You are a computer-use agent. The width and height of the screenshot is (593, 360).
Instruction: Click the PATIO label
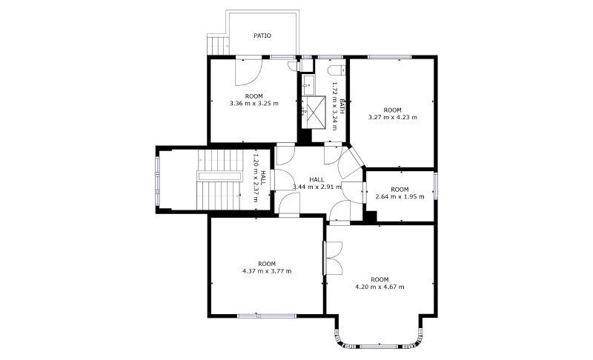point(262,36)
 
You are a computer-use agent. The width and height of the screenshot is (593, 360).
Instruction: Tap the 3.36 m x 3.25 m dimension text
point(254,103)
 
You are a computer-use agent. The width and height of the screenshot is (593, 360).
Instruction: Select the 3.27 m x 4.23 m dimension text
point(393,117)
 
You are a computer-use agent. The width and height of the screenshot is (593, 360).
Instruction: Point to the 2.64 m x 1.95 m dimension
point(400,196)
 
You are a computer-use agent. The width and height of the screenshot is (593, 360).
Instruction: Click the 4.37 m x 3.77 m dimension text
point(267,271)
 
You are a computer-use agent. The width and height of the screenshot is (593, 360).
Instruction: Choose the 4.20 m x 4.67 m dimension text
point(380,287)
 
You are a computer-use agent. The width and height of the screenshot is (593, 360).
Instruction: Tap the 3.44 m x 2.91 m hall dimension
point(317,187)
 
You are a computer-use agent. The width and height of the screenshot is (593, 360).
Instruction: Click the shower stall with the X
point(314,112)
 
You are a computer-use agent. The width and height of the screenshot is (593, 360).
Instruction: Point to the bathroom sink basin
point(308,85)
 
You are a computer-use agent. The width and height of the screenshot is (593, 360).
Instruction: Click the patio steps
point(218,44)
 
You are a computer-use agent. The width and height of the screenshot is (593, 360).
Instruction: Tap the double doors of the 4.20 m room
point(333,259)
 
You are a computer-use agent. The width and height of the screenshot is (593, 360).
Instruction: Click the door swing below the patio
point(248,71)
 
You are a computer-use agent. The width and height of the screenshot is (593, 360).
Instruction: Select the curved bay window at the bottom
point(380,342)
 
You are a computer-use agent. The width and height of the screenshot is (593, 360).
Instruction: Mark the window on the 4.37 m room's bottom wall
point(267,316)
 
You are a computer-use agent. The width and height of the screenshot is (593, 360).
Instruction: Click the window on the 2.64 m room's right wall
point(435,185)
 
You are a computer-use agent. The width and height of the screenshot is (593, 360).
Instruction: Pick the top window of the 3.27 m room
point(390,58)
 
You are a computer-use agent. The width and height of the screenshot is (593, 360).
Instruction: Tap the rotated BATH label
point(342,106)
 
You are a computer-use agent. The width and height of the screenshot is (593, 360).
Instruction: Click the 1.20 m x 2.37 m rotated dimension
point(256,178)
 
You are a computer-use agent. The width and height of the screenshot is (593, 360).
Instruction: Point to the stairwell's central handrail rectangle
point(219,176)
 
